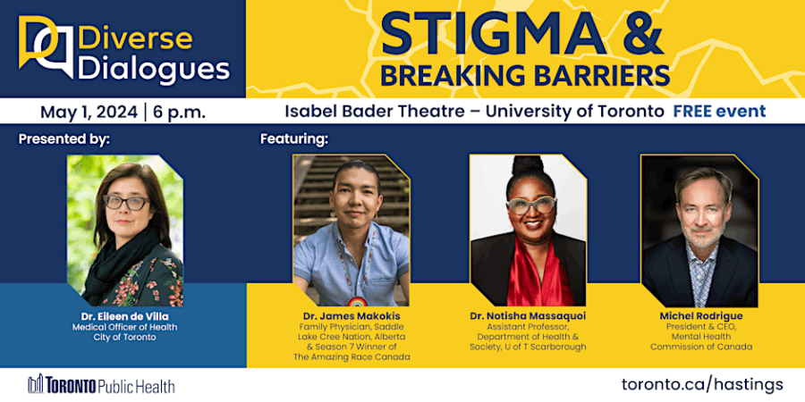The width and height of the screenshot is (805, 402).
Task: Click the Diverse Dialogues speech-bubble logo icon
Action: pos(46,47)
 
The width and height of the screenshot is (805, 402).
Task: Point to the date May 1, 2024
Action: pos(89,112)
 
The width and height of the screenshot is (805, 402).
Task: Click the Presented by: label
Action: pos(64,139)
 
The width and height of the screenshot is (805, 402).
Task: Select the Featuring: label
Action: pos(294,139)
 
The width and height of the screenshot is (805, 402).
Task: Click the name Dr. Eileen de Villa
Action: pos(124,316)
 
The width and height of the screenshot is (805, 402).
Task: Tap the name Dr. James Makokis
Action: pos(352,316)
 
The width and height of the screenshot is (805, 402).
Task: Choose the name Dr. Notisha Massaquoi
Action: pos(528,316)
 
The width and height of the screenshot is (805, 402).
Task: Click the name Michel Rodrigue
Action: pos(700,316)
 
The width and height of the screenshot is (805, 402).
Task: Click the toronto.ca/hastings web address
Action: pos(702,384)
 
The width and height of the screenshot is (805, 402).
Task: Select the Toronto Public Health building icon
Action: pos(37,383)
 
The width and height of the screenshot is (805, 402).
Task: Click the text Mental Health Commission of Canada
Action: pos(701,341)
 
